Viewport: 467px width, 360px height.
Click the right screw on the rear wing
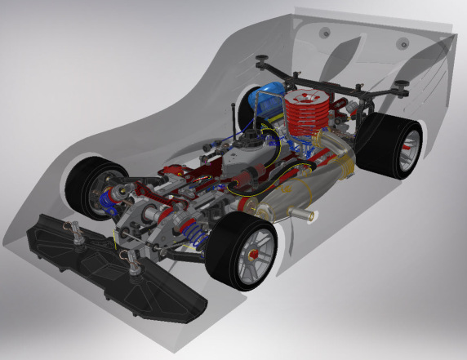coord(402,43)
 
